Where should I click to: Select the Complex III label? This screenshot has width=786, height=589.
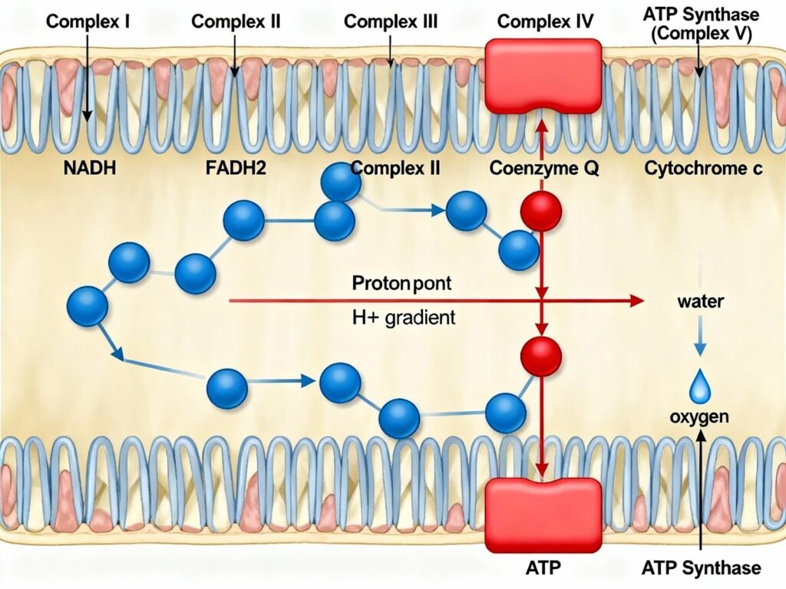[x=391, y=21]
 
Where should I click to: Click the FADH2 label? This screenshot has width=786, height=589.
[x=235, y=168]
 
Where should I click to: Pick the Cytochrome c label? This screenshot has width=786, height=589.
[x=703, y=168]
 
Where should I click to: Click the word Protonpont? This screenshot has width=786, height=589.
[x=401, y=283]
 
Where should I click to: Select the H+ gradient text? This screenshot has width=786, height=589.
[x=403, y=317]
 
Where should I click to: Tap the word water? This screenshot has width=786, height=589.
[x=700, y=301]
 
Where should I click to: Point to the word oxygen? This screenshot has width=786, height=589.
[x=698, y=417]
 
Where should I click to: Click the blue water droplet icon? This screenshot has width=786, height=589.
[x=700, y=387]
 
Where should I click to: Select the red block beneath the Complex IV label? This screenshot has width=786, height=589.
[x=543, y=75]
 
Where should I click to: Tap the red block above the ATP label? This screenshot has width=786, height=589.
[x=543, y=512]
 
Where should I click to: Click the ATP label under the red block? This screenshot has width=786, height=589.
[x=543, y=568]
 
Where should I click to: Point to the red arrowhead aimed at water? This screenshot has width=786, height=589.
[x=636, y=301]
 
